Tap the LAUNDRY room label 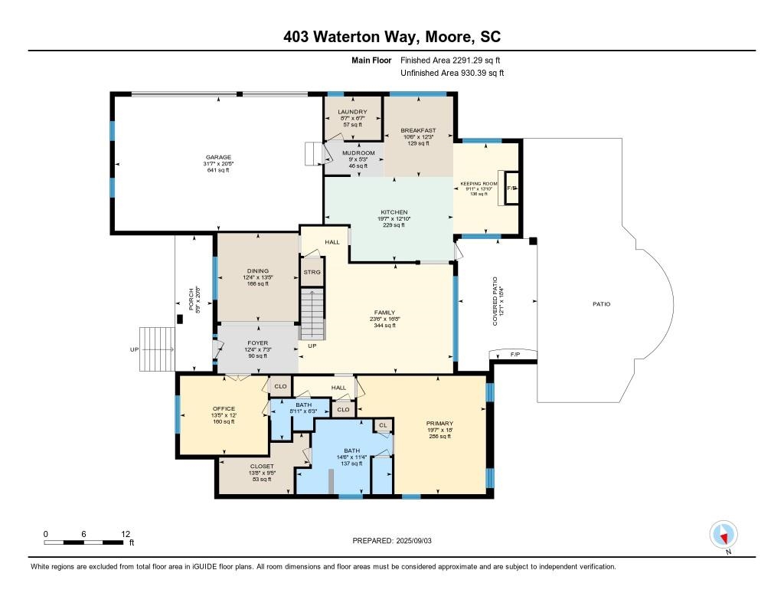[352, 112]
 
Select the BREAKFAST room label [419, 130]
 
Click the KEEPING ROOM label [479, 184]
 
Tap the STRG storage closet [312, 272]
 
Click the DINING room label [257, 270]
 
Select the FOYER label [257, 344]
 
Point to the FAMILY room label [384, 313]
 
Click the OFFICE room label [224, 408]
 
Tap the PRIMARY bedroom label [440, 424]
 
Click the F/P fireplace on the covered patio [514, 355]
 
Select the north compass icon [724, 534]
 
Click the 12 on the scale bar [126, 533]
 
